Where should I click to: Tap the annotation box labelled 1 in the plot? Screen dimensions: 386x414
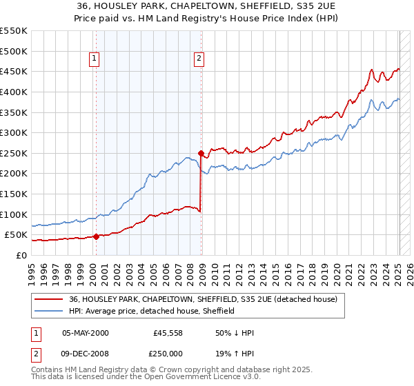point(94,59)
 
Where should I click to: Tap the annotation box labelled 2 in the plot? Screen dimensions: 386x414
point(199,59)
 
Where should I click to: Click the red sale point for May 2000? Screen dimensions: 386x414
point(97,236)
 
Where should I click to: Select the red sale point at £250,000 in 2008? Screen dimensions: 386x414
point(201,153)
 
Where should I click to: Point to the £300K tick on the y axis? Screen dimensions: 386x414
point(14,132)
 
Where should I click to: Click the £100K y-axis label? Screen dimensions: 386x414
point(14,214)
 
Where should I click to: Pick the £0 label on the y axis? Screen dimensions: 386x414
point(21,255)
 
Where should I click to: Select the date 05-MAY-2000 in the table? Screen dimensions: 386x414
point(85,333)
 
